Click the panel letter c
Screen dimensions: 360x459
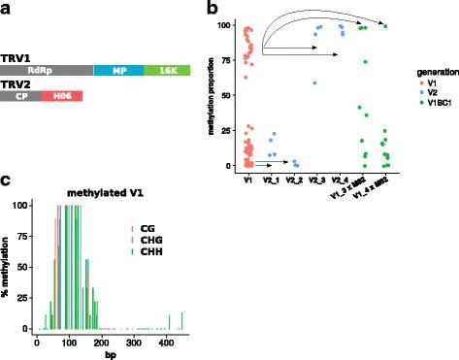click(x=6, y=180)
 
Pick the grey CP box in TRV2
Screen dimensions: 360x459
click(x=20, y=95)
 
